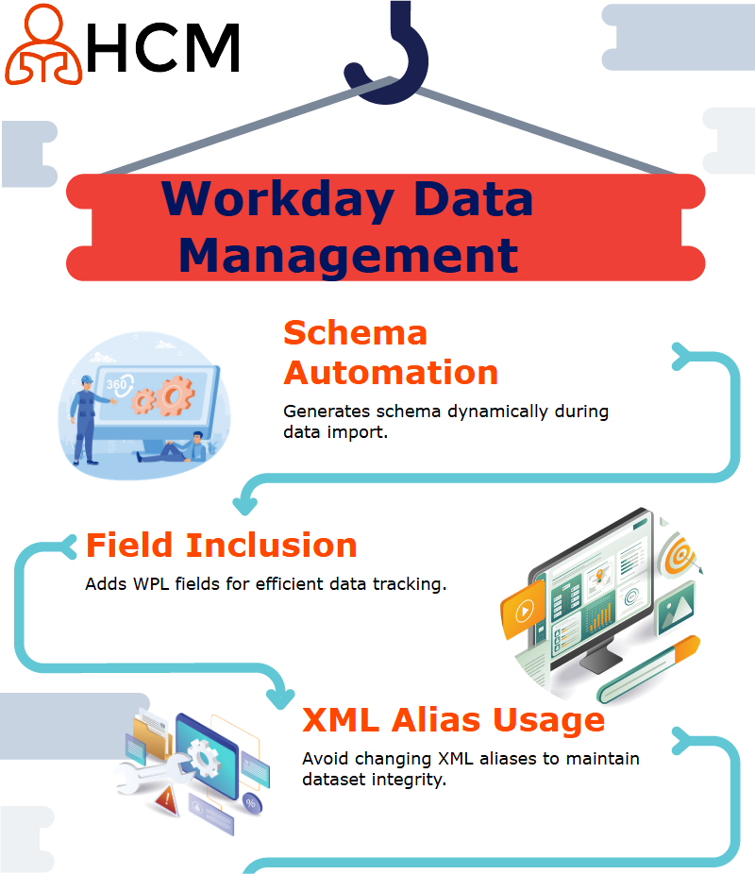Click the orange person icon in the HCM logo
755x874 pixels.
click(x=43, y=44)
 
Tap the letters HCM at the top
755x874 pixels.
click(x=163, y=48)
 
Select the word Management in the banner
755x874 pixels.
click(x=349, y=256)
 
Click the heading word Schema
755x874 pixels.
click(x=355, y=333)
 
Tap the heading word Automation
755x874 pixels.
click(x=391, y=372)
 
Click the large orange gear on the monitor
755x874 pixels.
click(x=175, y=396)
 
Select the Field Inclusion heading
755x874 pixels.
click(x=221, y=546)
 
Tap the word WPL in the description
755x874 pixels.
click(x=151, y=584)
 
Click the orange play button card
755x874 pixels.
click(x=523, y=611)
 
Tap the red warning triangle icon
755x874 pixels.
click(x=166, y=799)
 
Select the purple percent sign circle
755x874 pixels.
click(x=251, y=803)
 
